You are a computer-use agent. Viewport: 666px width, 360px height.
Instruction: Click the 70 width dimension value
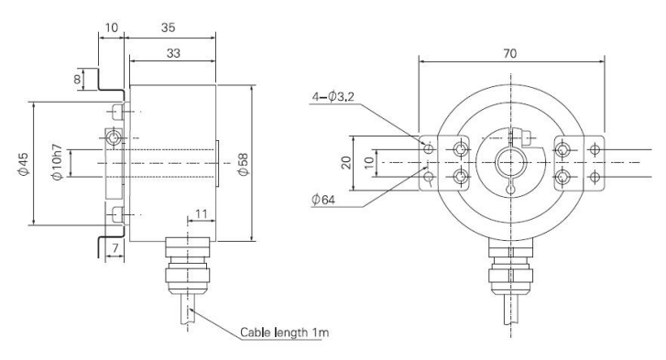tap(509, 53)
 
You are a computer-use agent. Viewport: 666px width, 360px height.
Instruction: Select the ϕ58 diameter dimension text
tap(243, 164)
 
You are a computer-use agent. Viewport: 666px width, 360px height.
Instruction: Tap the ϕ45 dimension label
tap(23, 164)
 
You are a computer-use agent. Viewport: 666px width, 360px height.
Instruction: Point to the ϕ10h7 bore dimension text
tap(57, 162)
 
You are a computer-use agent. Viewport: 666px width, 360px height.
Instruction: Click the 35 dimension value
tap(169, 27)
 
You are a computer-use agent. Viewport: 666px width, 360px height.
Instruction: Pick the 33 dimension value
tap(173, 53)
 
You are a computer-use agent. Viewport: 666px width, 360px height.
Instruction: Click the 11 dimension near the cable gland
tap(201, 213)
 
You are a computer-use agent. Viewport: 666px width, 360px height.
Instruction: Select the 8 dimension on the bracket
tap(77, 80)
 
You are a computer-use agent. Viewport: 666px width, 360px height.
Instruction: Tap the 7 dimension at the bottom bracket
tap(115, 247)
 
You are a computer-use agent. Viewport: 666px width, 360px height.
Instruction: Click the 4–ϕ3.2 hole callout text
tap(333, 97)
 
